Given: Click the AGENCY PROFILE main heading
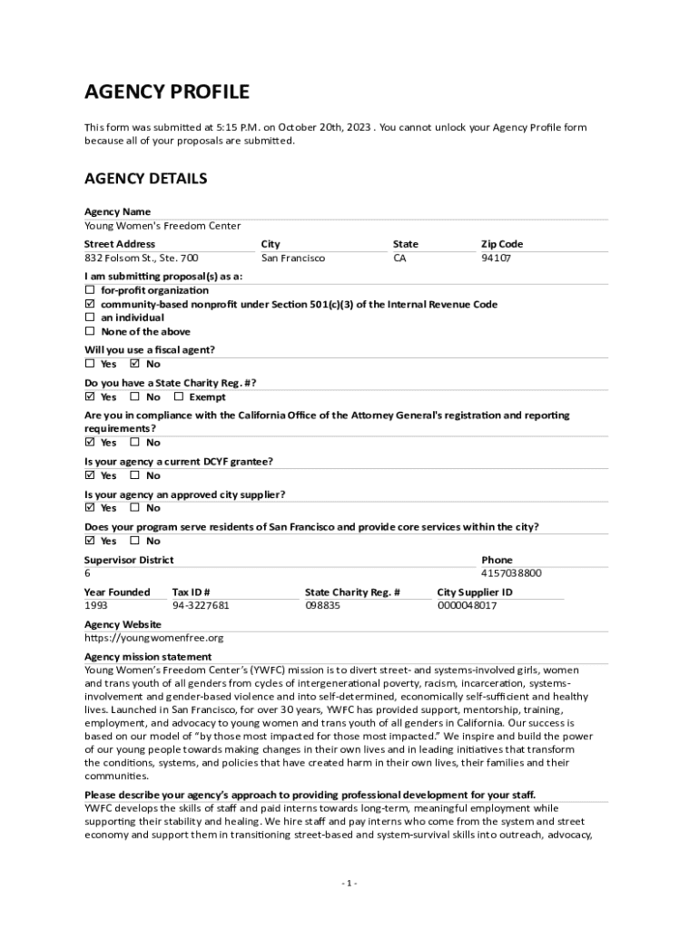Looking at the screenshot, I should pos(166,92).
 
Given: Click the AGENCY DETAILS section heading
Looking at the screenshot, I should pos(145,178).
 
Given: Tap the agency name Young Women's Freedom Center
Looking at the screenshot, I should pos(162,226).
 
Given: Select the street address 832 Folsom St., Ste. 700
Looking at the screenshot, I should pos(141,259).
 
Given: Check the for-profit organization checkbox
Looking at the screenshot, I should pos(90,290).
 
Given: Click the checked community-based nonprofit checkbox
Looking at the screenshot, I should pos(90,305).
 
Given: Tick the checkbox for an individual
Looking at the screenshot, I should pos(90,318).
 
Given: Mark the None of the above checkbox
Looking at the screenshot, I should pos(90,332).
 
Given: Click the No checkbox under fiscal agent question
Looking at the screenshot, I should pos(134,365).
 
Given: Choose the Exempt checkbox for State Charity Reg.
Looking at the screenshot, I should pos(178,397).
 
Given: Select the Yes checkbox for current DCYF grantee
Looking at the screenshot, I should pos(90,475).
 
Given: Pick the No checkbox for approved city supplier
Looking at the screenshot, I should pos(134,508).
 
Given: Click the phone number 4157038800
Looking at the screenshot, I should pos(511,573).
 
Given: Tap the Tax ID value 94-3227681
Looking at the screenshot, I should pos(201,605).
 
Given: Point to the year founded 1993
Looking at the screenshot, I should pos(96,605).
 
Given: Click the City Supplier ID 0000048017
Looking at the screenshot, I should pos(467,605).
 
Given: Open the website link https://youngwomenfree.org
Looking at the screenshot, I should pos(153,638).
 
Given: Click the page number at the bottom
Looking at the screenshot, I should pos(349,884).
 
